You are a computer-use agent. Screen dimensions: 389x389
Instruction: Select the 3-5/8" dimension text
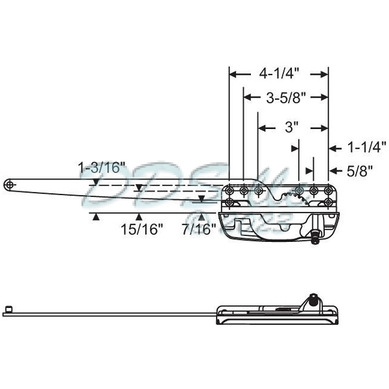[286, 98]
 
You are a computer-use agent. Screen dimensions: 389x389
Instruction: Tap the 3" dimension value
[292, 128]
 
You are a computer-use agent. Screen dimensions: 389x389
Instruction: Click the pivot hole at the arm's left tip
[8, 185]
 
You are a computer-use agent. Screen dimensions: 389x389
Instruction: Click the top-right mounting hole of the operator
[328, 190]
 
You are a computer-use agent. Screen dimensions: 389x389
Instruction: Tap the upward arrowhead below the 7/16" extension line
[202, 217]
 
